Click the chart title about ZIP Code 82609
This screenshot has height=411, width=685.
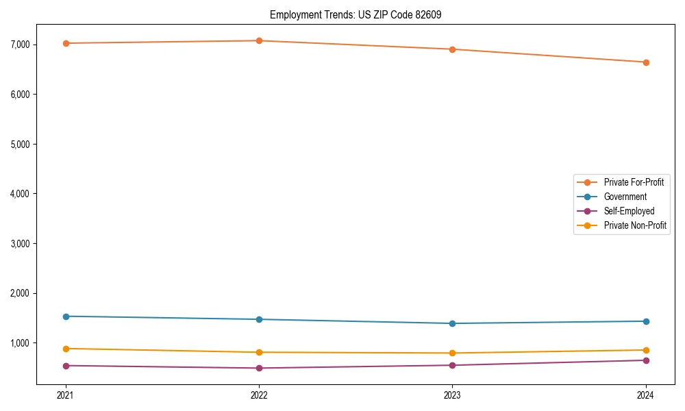point(360,14)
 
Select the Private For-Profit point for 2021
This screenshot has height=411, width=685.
point(66,43)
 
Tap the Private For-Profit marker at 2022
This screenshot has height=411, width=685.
point(259,40)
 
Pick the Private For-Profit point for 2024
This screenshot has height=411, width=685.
point(646,62)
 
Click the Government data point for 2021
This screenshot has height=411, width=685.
point(66,316)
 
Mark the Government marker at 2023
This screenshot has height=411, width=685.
point(453,323)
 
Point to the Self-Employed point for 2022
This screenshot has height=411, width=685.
point(259,368)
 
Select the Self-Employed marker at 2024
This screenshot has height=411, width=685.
point(646,360)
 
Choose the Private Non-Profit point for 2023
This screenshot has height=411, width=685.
point(453,353)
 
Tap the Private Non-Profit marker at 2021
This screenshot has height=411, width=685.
point(66,349)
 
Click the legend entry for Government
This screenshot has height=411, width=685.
point(625,197)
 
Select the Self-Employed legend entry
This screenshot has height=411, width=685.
point(629,211)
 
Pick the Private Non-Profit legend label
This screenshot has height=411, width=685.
point(635,225)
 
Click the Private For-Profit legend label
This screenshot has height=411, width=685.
point(634,182)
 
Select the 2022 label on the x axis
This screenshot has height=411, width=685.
point(259,395)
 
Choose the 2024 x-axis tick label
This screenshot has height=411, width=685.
point(646,395)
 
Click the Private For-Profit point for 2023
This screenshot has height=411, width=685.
point(453,49)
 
